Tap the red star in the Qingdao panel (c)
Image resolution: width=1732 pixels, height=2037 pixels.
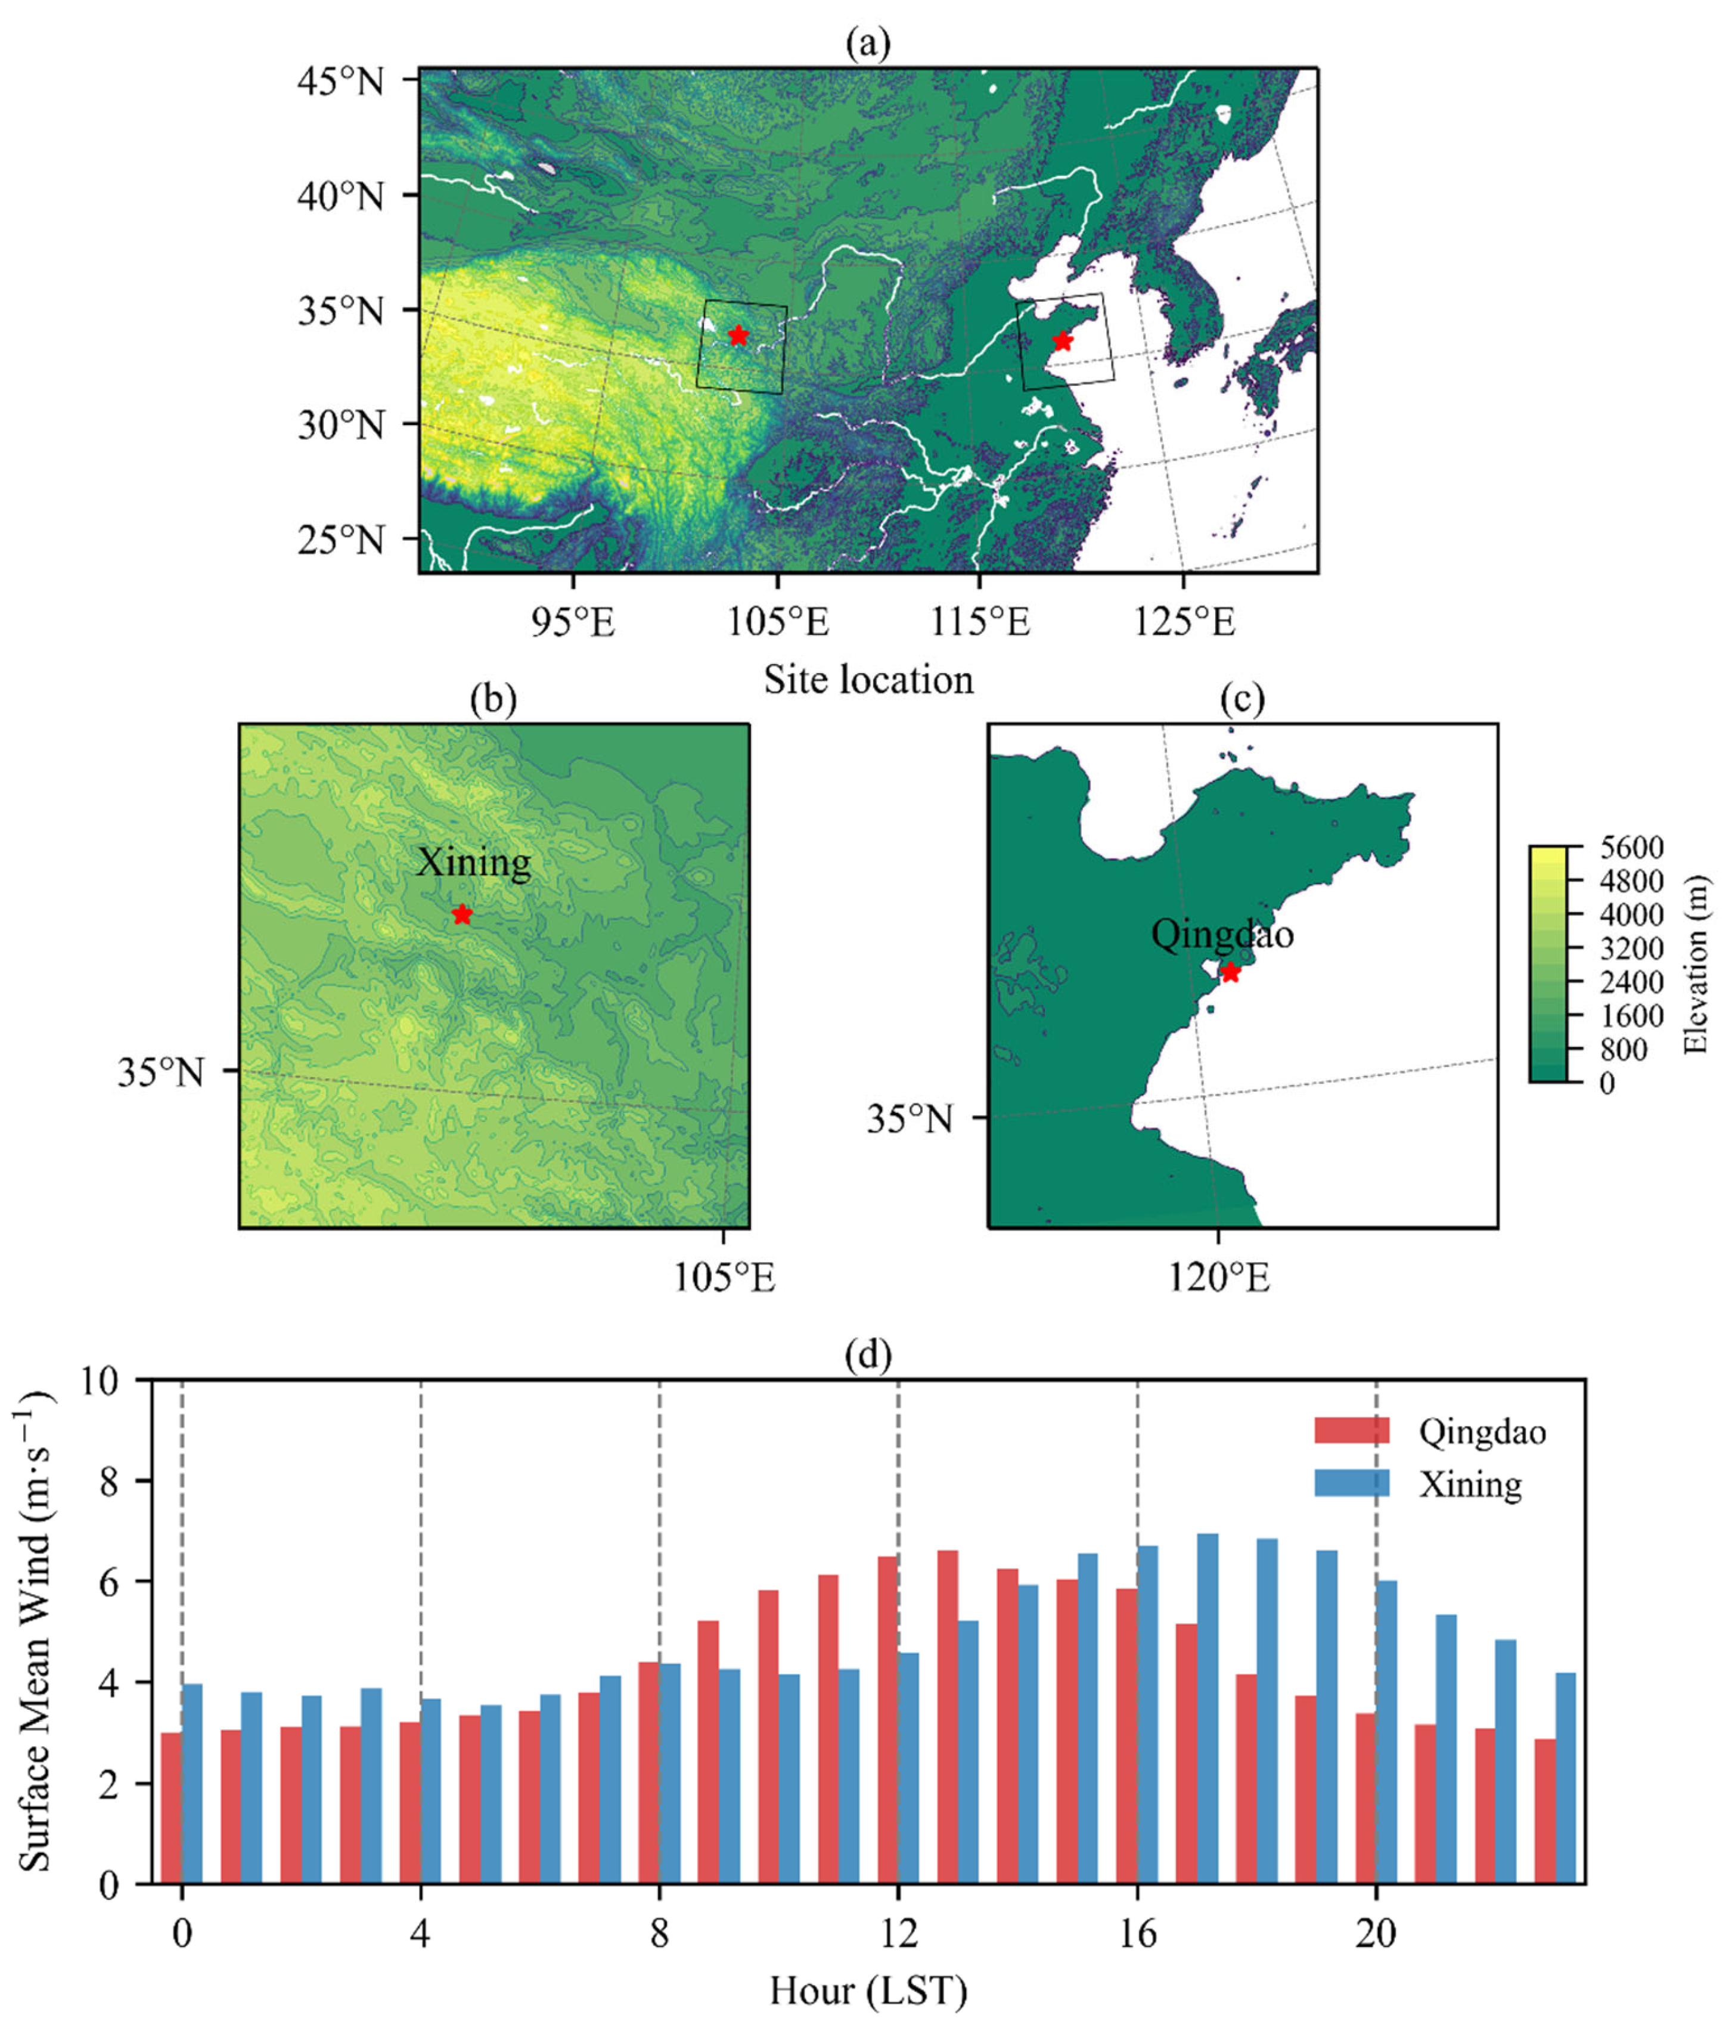[1230, 972]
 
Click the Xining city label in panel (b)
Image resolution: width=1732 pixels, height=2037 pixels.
[473, 863]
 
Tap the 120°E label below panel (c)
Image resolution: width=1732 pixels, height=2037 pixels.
[1218, 1277]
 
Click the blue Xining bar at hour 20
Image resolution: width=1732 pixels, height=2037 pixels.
[1386, 1732]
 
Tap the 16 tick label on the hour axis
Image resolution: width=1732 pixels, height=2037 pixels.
[1137, 1934]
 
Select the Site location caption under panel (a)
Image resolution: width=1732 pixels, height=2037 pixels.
[868, 680]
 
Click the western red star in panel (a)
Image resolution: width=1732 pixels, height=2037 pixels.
[738, 336]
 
